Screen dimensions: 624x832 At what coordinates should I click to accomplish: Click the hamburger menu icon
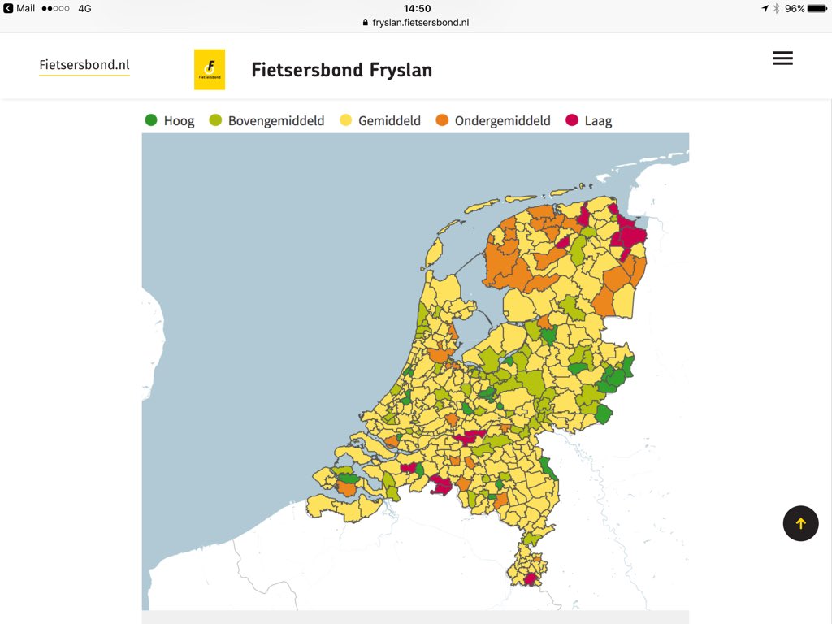click(782, 58)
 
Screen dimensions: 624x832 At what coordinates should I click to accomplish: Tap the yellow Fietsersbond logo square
click(210, 70)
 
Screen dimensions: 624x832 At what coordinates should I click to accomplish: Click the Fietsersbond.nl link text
click(84, 66)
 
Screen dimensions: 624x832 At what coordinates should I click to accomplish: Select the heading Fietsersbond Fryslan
click(341, 70)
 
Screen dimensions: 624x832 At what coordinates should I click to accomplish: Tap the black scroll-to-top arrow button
click(800, 523)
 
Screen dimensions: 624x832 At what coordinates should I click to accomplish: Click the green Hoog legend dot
click(151, 120)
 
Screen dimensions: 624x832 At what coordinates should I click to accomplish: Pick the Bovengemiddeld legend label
click(276, 121)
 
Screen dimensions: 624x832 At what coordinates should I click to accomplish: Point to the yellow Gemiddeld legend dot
click(345, 120)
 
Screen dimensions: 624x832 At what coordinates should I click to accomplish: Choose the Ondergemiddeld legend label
click(502, 121)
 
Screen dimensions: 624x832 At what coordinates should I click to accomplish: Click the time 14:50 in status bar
click(417, 8)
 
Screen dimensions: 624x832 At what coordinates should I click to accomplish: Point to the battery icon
click(817, 8)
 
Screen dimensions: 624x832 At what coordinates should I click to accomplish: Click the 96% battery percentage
click(794, 8)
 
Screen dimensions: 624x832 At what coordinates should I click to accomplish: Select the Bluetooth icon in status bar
click(777, 8)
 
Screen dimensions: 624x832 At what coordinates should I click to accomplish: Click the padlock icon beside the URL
click(366, 23)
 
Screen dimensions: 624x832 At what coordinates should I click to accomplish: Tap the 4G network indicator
click(84, 8)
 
